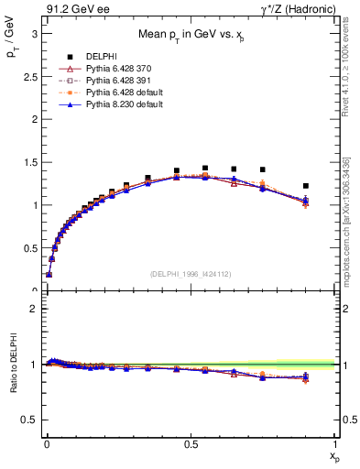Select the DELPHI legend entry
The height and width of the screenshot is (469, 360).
89,57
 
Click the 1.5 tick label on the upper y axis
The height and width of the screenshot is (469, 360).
27,162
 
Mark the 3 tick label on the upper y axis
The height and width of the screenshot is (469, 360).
31,33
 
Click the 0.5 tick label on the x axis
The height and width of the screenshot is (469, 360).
190,443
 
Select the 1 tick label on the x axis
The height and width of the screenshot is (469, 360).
335,443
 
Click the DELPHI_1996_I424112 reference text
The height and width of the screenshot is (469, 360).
190,274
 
